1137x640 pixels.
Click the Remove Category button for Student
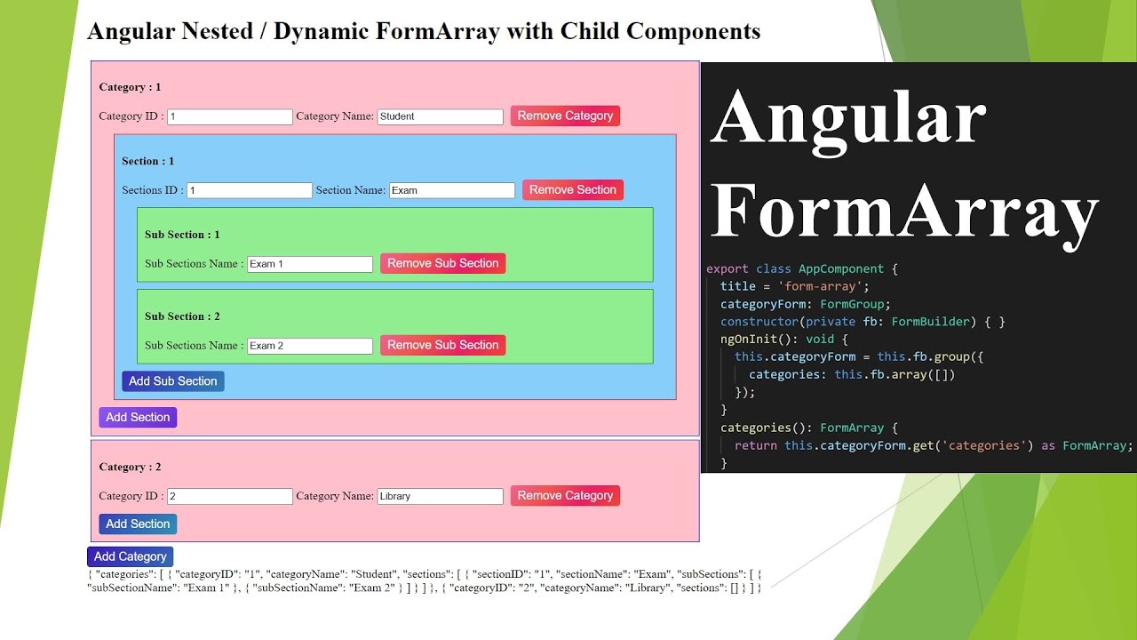pos(565,116)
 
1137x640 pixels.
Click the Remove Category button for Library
pos(565,495)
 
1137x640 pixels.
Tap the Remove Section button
pos(572,189)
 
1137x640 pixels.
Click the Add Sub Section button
pos(172,381)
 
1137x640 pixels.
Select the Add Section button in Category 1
pos(138,418)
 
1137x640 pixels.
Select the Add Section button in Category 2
pos(138,524)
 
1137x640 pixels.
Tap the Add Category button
pos(130,556)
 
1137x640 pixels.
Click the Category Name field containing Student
pos(440,116)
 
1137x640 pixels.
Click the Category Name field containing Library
pos(440,496)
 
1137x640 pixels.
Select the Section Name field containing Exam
pos(451,190)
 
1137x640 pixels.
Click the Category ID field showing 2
pos(230,496)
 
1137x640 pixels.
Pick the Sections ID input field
pos(250,190)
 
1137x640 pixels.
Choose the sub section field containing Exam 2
pos(309,346)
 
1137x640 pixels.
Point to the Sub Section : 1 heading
pos(182,235)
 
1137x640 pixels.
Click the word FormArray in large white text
pos(904,212)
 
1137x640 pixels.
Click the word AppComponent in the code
pos(840,268)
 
